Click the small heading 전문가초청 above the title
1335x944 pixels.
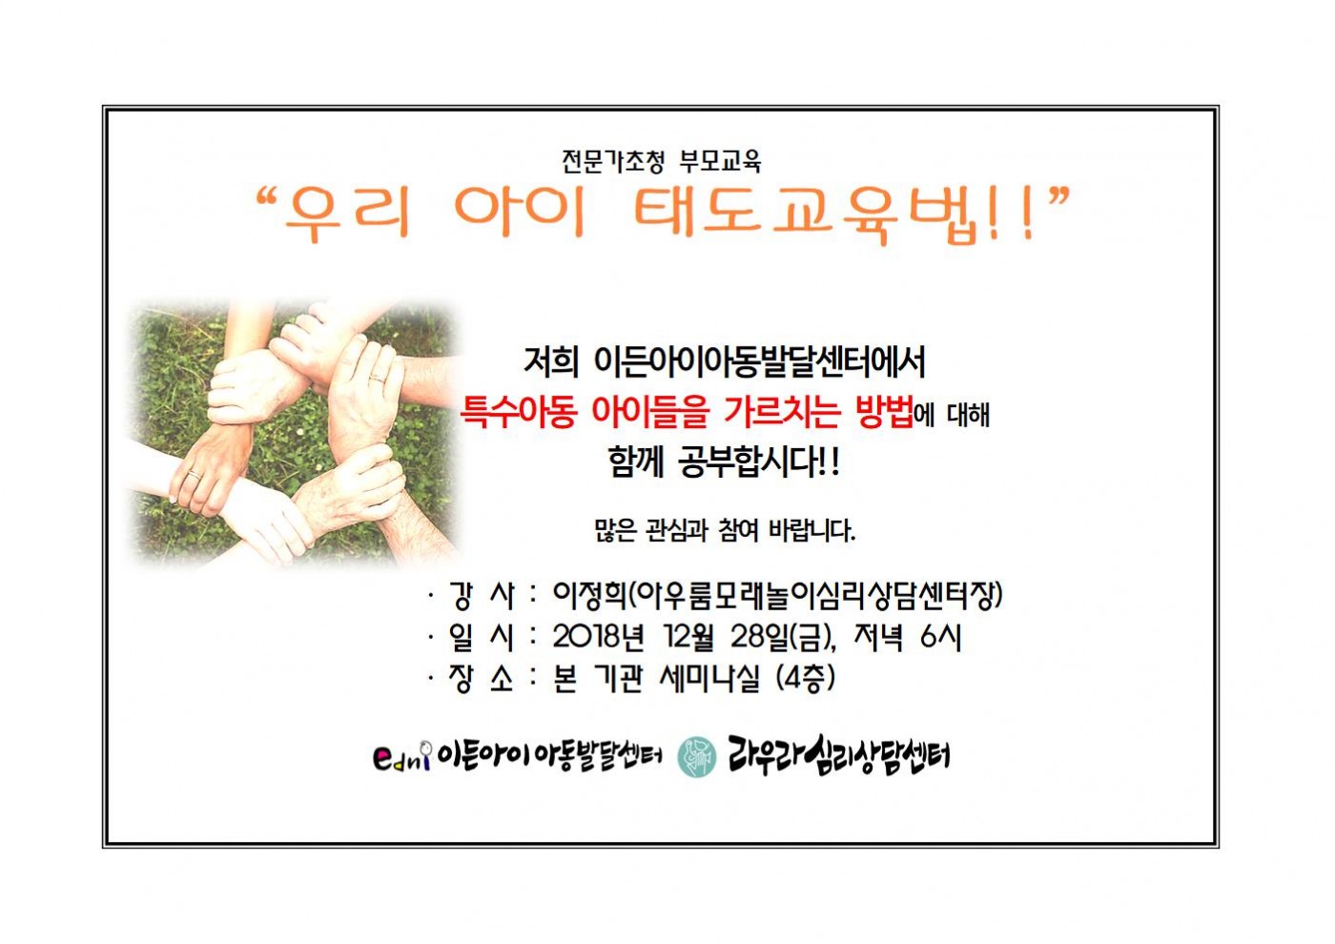[x=612, y=161]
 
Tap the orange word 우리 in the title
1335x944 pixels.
[x=349, y=215]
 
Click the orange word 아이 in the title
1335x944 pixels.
[x=521, y=214]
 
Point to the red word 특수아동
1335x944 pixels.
[x=519, y=412]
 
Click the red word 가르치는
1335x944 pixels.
[x=781, y=412]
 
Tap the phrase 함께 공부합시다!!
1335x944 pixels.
[x=723, y=463]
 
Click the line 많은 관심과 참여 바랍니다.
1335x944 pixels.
[x=725, y=530]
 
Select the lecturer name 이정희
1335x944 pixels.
[x=589, y=595]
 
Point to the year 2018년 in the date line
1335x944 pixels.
[x=598, y=637]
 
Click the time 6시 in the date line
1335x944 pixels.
[x=940, y=637]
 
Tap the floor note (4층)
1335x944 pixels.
[x=806, y=679]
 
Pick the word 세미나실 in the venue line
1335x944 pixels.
[x=709, y=679]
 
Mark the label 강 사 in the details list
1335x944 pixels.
[x=481, y=595]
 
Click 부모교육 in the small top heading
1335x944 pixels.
[x=721, y=161]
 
